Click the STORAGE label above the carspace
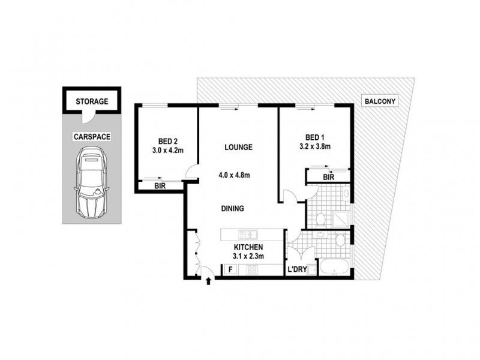click(x=92, y=101)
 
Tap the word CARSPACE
click(x=92, y=137)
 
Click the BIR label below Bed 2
click(x=160, y=187)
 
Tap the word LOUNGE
click(x=238, y=147)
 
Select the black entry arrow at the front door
click(x=209, y=280)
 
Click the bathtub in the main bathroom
click(x=331, y=269)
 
